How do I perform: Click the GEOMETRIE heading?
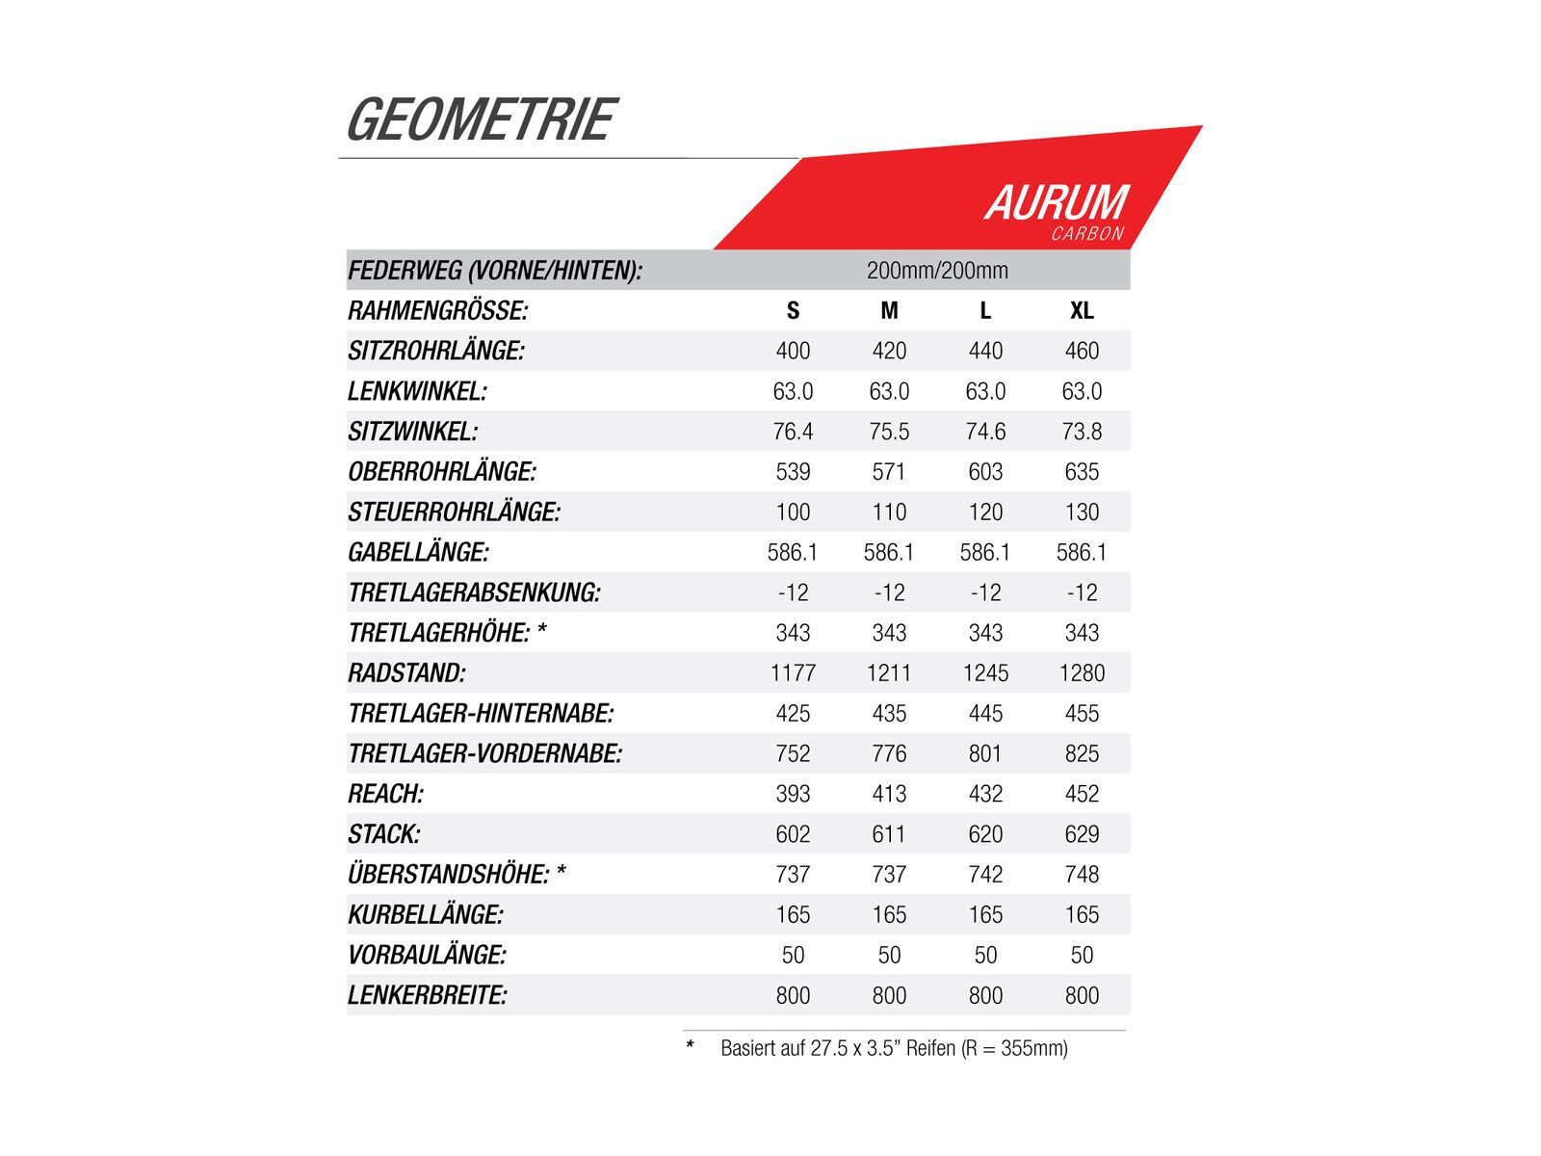click(x=480, y=120)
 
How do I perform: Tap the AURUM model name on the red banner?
click(x=1056, y=202)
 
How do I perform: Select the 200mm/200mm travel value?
click(x=937, y=271)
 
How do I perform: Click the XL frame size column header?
click(x=1082, y=311)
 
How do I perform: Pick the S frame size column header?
click(x=793, y=311)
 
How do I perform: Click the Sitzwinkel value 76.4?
click(x=793, y=432)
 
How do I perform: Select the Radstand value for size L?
click(x=985, y=673)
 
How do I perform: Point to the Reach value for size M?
click(x=889, y=794)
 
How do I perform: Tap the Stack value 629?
click(x=1082, y=834)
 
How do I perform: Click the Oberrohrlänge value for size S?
click(x=793, y=472)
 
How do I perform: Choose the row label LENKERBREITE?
click(x=427, y=995)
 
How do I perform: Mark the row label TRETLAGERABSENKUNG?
click(x=474, y=592)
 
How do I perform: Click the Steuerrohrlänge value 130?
click(x=1082, y=512)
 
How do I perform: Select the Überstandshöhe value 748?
click(x=1082, y=875)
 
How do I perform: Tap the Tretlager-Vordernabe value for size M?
click(x=889, y=753)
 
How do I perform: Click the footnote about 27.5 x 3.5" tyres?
click(x=893, y=1048)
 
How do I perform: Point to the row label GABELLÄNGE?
click(x=418, y=553)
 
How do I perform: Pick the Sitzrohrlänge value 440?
click(x=985, y=351)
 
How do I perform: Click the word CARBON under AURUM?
click(x=1087, y=234)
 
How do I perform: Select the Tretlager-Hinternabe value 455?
click(x=1082, y=714)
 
